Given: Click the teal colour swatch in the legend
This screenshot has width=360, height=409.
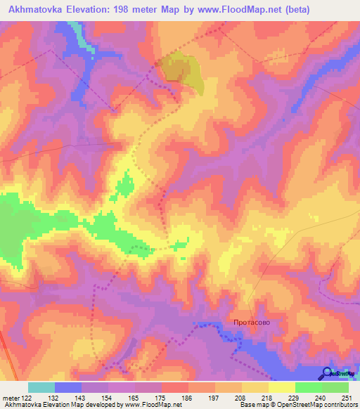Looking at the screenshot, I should click(x=41, y=387).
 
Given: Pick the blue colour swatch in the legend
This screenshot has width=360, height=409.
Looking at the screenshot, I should click(x=68, y=387).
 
